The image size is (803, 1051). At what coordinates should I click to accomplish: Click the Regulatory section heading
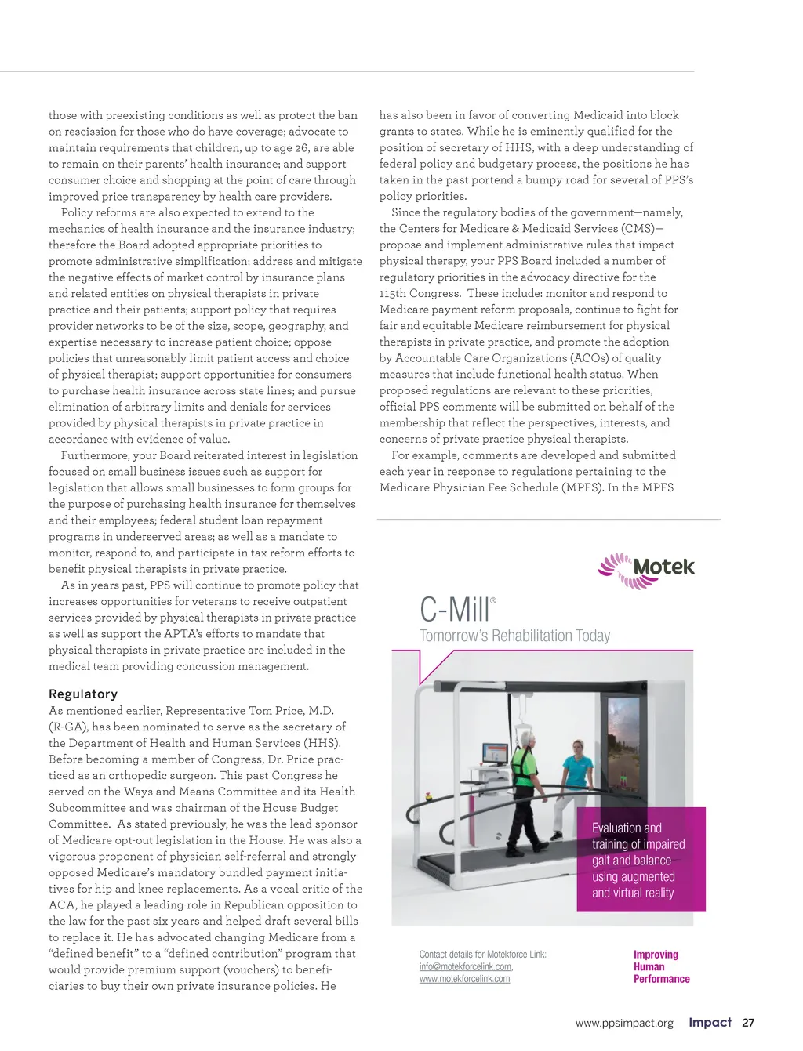pos(83,694)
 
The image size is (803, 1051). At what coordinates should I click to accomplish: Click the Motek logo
pos(646,570)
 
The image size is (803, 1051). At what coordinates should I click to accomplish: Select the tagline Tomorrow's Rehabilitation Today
pos(514,636)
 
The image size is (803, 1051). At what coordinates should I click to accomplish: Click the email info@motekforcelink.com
pos(466,966)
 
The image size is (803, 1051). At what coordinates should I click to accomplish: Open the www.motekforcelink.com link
pos(465,979)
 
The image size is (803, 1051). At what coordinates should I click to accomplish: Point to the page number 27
pos(748,1023)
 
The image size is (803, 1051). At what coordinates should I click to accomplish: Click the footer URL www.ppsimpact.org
pos(624,1023)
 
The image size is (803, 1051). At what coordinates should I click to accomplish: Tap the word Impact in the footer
pos(710,1022)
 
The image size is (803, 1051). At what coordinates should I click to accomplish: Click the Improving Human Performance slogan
pos(661,966)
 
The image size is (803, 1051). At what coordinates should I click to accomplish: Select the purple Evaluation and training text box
pos(641,860)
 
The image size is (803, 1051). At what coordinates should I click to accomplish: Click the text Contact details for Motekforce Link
pos(482,955)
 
